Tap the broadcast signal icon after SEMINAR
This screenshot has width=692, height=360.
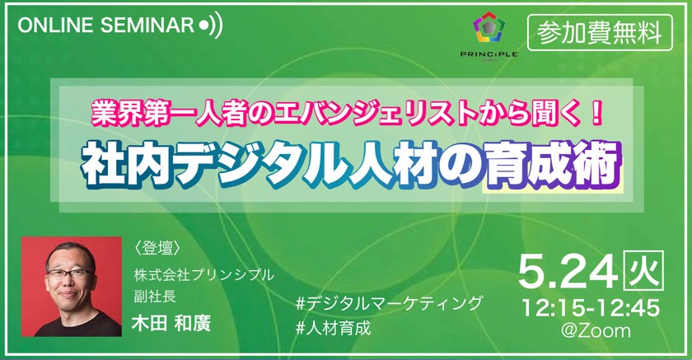click(211, 25)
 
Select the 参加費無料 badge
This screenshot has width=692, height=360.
click(599, 31)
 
